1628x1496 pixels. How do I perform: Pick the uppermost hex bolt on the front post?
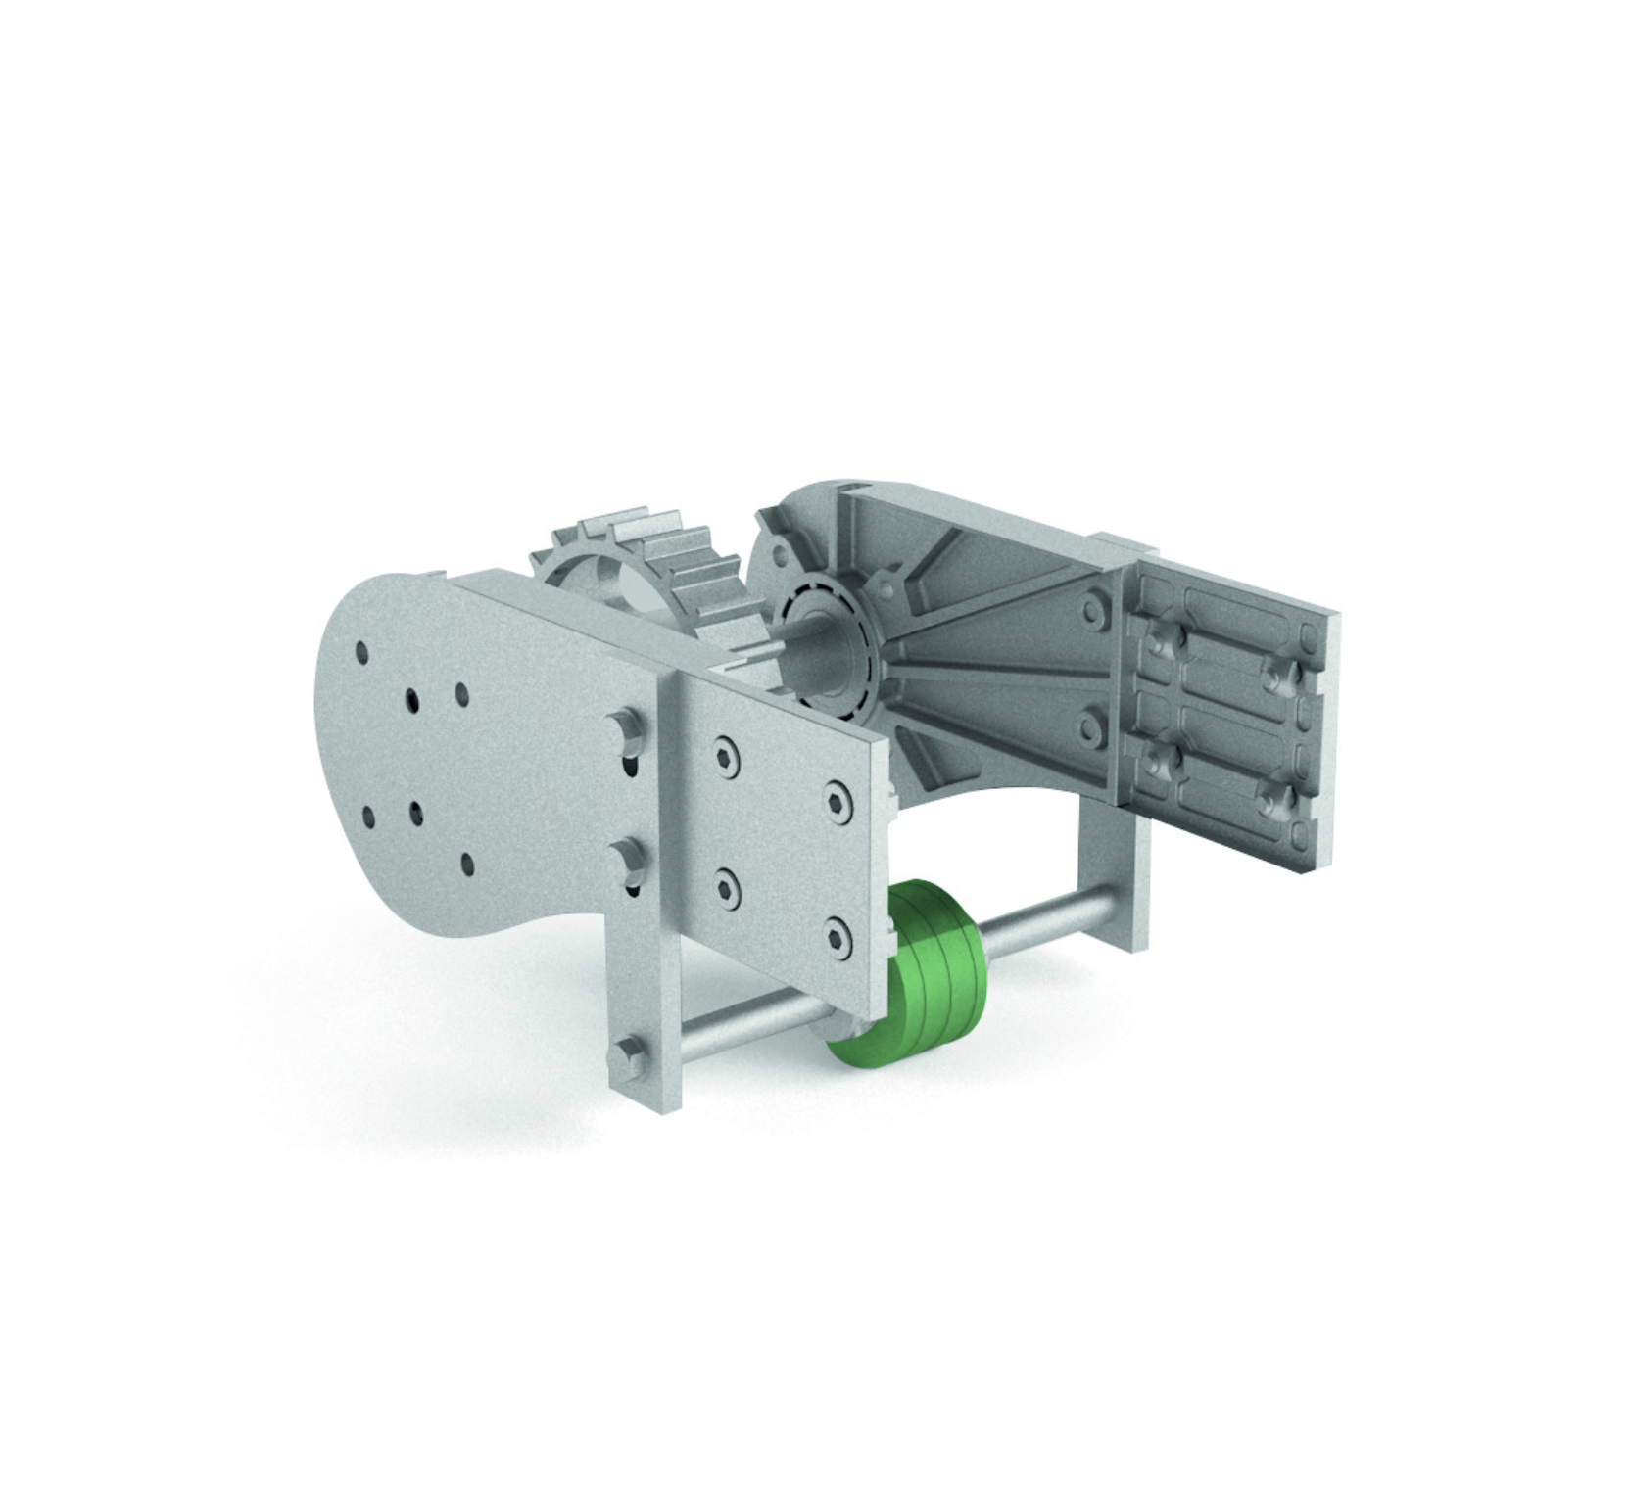click(x=626, y=729)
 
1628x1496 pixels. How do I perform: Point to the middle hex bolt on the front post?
click(x=626, y=859)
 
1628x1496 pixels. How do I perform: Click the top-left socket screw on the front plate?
click(x=727, y=755)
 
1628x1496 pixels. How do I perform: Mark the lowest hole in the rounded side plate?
click(x=467, y=864)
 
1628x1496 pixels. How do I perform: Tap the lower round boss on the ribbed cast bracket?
click(x=1089, y=725)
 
